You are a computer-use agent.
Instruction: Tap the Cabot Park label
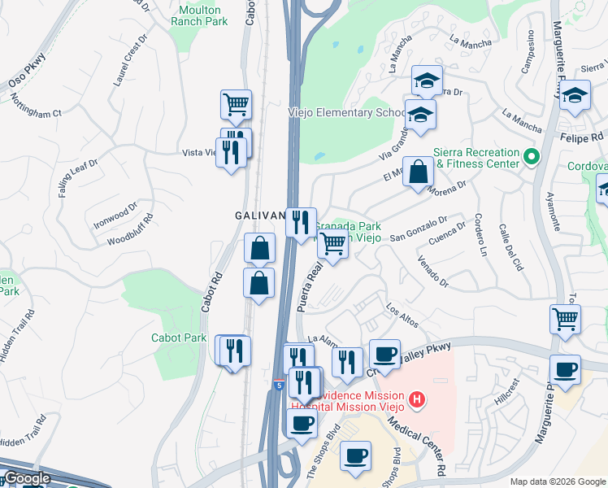[x=179, y=338]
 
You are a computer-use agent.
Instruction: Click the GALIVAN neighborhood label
[x=259, y=216]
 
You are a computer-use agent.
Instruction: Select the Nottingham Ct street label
[x=36, y=107]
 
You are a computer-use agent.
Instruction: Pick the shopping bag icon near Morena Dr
[x=418, y=172]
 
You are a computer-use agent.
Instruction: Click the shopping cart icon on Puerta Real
[x=332, y=242]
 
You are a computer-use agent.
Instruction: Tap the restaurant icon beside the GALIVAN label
[x=301, y=221]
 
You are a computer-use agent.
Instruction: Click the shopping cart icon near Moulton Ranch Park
[x=236, y=104]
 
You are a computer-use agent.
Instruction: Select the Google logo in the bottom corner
[x=27, y=478]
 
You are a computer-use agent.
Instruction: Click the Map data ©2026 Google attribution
[x=558, y=481]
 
